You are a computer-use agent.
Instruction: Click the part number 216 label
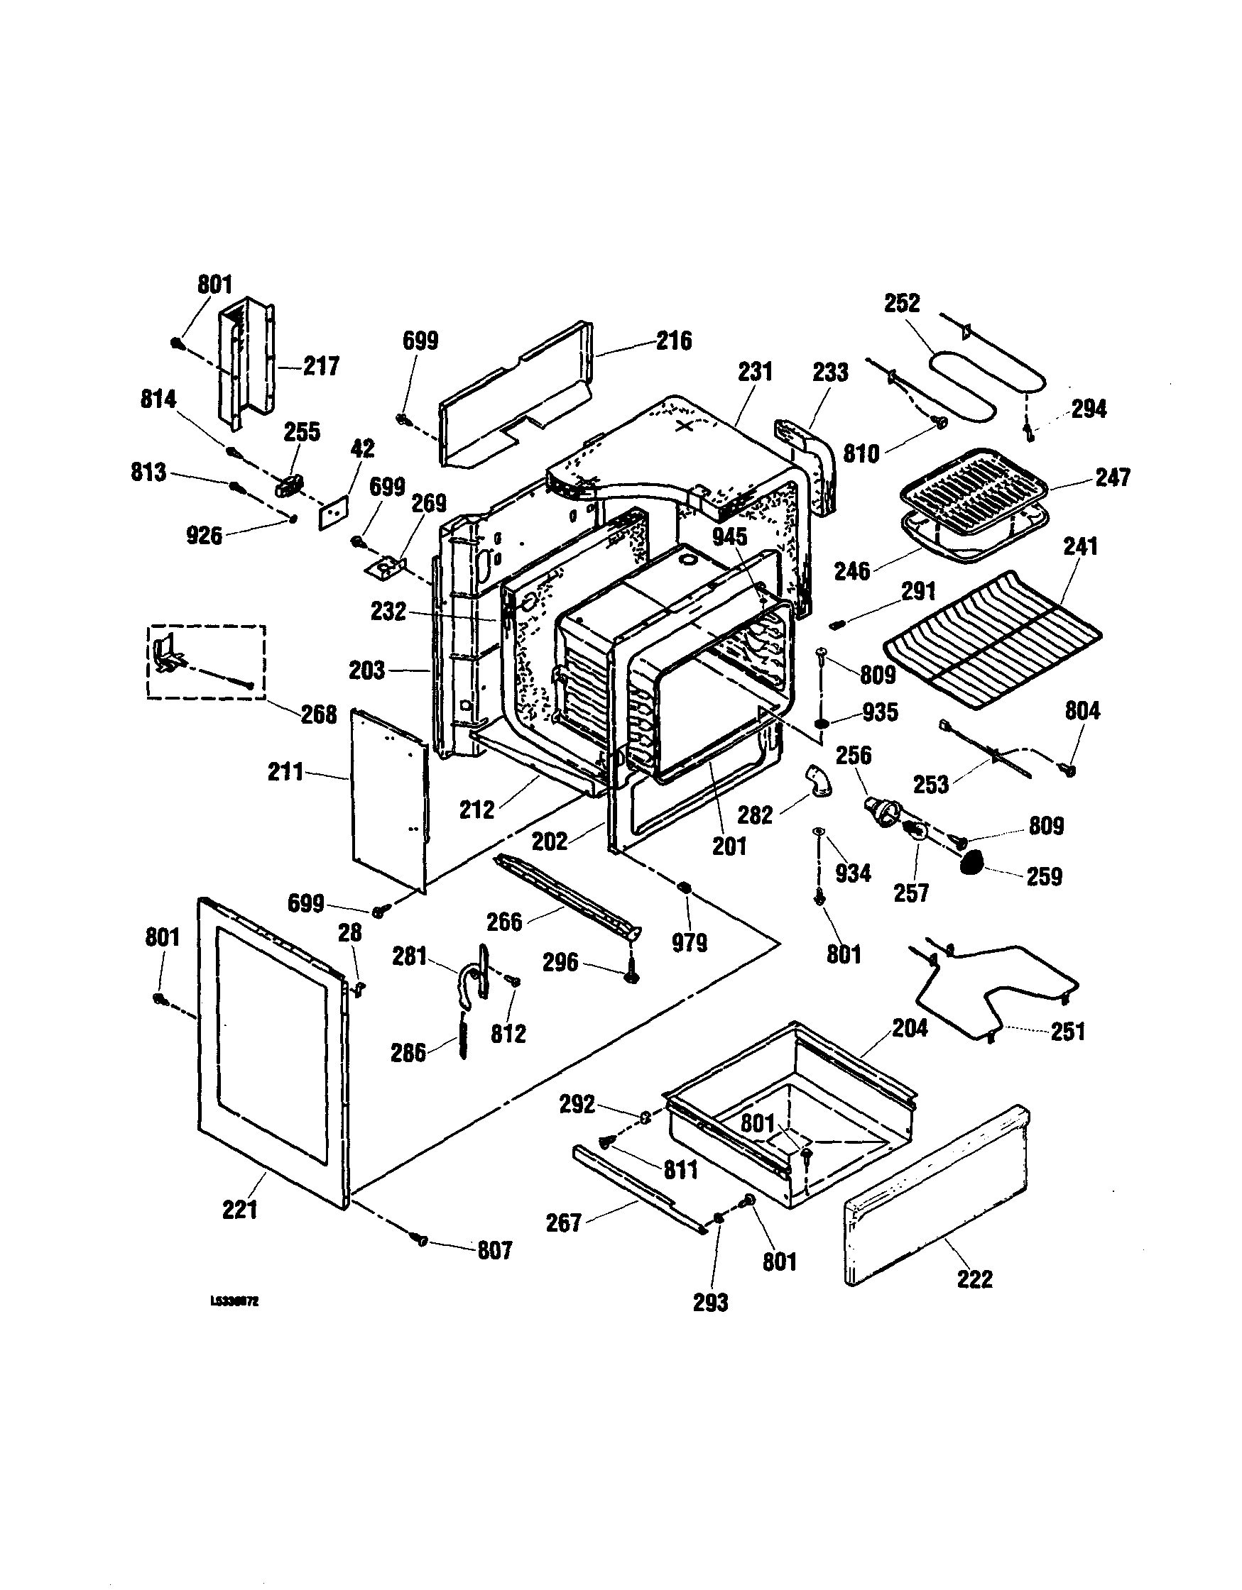point(674,341)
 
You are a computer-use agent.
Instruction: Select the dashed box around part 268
point(206,662)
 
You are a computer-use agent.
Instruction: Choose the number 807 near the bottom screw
point(495,1251)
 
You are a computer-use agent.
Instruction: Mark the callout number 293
point(710,1303)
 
